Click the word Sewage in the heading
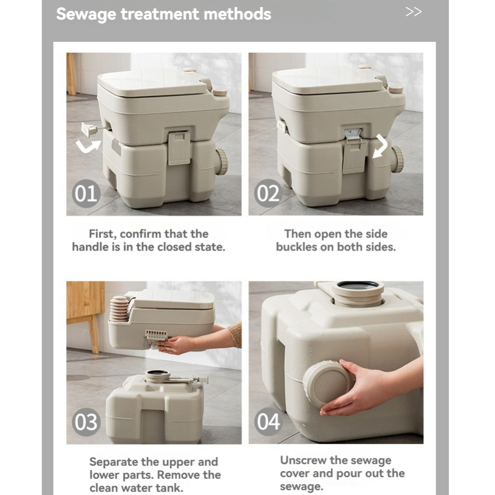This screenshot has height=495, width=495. [x=86, y=15]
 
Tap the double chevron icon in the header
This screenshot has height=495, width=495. [x=413, y=12]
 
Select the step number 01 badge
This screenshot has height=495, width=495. [x=86, y=193]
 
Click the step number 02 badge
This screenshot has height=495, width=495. [x=268, y=193]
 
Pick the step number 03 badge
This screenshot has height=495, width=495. [x=86, y=422]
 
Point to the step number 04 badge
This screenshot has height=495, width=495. [x=268, y=422]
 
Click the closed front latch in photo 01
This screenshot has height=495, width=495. [x=179, y=148]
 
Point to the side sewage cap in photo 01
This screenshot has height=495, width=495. [x=222, y=161]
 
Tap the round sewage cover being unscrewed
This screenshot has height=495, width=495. [x=327, y=384]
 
